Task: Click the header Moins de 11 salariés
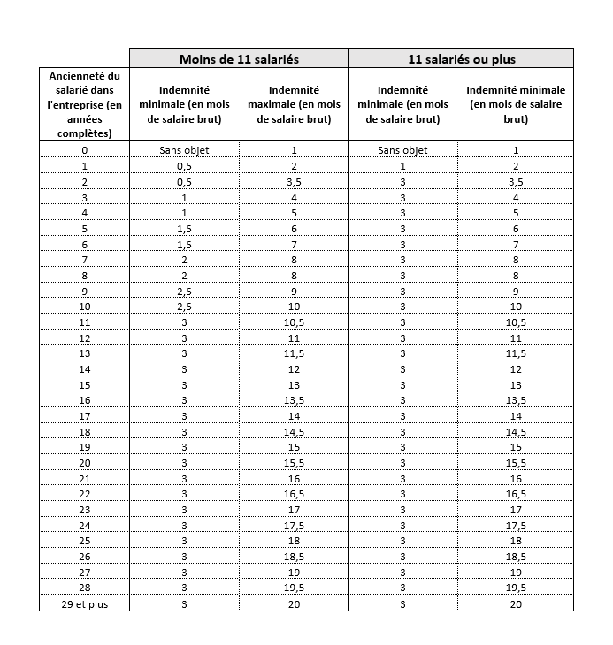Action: [x=239, y=59]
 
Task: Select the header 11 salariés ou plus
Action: [x=460, y=59]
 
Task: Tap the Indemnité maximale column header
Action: [x=294, y=104]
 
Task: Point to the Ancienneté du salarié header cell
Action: [x=84, y=104]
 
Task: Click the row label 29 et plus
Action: [x=84, y=603]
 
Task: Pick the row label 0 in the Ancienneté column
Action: [x=84, y=150]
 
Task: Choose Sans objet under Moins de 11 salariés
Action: [x=184, y=150]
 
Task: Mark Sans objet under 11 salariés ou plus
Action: [x=402, y=150]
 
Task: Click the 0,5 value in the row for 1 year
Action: [x=184, y=166]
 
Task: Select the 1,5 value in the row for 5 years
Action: [x=184, y=229]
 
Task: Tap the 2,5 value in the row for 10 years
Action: [x=184, y=307]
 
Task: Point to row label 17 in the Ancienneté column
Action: [x=84, y=416]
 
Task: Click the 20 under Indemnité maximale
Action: [x=294, y=603]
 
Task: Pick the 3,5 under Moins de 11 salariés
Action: [x=294, y=182]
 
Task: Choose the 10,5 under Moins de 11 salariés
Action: [x=294, y=322]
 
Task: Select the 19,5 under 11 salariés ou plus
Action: [x=516, y=588]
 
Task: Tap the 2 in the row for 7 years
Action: [x=184, y=260]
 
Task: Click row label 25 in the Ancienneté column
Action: [x=84, y=541]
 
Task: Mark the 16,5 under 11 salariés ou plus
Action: [x=516, y=494]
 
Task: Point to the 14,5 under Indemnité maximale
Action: [x=294, y=431]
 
